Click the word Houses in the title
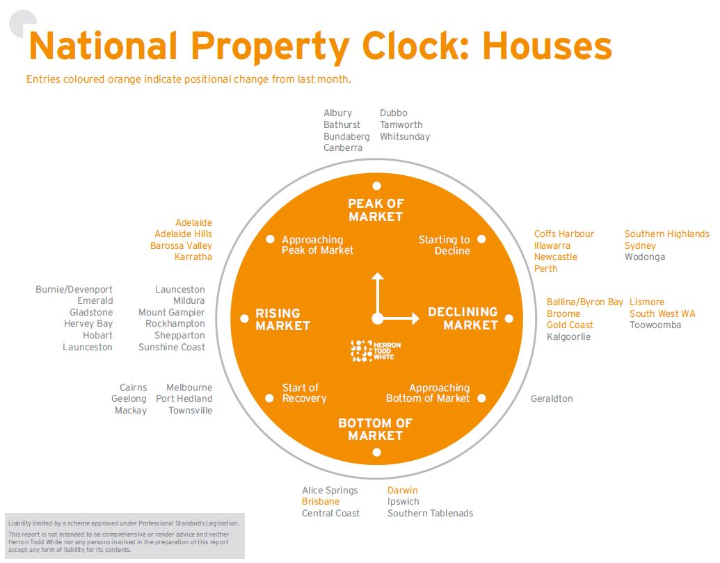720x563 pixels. [547, 46]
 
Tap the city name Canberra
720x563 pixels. [343, 148]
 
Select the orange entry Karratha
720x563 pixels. [193, 257]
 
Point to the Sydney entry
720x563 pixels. [640, 245]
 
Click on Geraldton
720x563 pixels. [552, 399]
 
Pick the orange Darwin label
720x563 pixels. [402, 491]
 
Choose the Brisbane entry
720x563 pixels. [321, 502]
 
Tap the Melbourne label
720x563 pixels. [189, 388]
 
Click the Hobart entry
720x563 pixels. [97, 336]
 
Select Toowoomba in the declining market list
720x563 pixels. [655, 325]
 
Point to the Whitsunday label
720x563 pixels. [405, 137]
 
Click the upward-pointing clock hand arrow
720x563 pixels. [377, 278]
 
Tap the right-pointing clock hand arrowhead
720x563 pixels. [415, 319]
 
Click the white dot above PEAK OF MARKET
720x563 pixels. [376, 186]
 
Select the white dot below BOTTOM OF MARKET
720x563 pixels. [376, 452]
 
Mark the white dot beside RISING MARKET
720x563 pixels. [244, 319]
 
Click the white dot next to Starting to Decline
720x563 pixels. [481, 239]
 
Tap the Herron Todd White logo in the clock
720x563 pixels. [376, 350]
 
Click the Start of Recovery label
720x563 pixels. [304, 393]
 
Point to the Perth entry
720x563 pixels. [545, 268]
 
